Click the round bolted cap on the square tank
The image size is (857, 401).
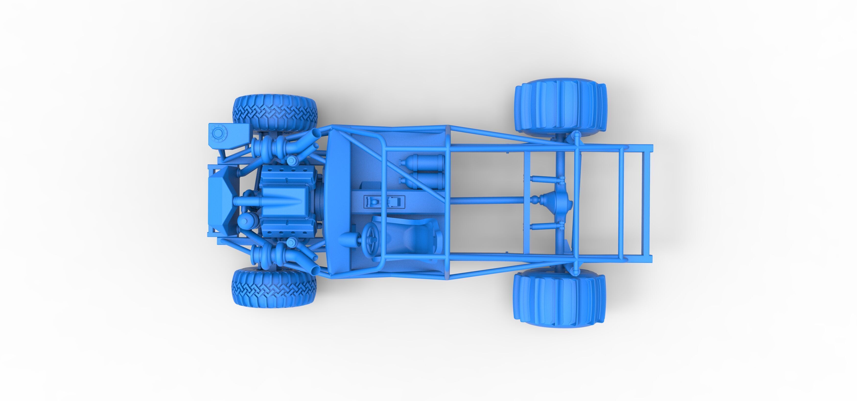pyautogui.click(x=218, y=134)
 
